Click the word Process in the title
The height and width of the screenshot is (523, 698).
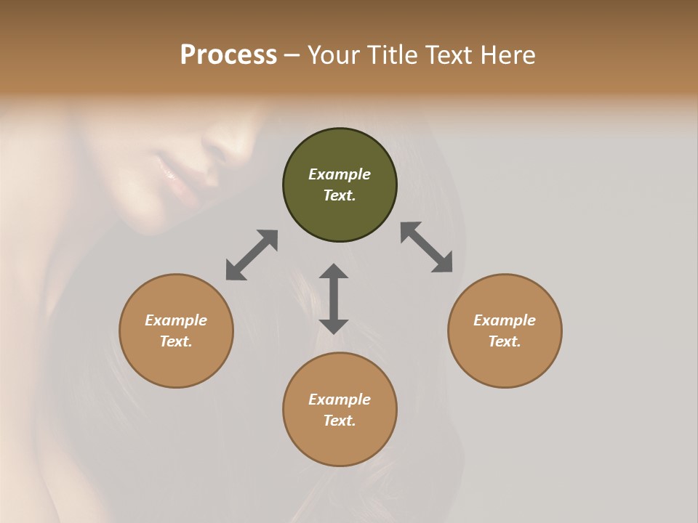click(228, 55)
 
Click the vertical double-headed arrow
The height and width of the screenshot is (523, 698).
click(334, 299)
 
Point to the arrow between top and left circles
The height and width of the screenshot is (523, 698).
click(252, 255)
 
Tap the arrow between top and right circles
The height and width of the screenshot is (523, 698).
click(427, 247)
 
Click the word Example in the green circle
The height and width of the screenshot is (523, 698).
click(340, 174)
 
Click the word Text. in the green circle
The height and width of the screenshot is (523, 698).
click(340, 195)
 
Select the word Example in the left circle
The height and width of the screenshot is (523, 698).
click(176, 320)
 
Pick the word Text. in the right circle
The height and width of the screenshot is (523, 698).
click(505, 341)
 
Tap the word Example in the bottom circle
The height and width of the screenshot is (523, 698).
click(340, 400)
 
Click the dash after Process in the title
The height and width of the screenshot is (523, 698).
click(292, 55)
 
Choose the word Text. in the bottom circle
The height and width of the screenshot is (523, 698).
click(340, 421)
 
